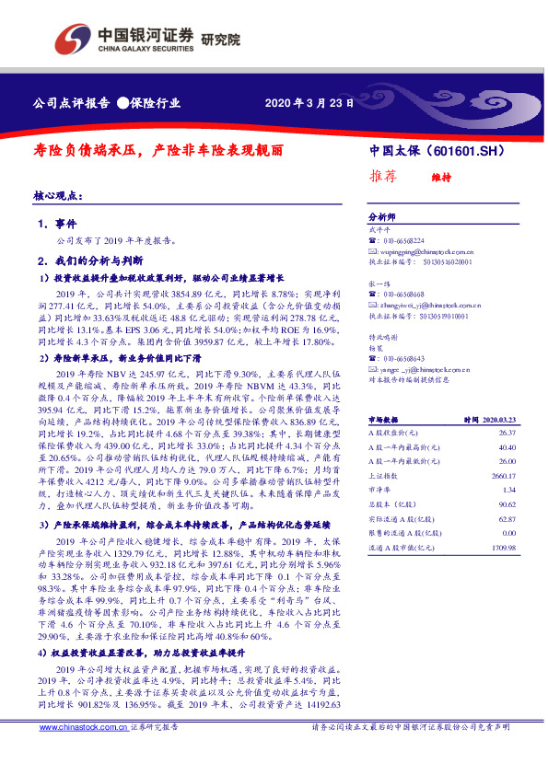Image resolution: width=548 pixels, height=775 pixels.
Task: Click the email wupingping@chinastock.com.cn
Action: pyautogui.click(x=420, y=250)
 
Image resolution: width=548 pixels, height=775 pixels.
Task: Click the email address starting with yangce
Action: pyautogui.click(x=417, y=365)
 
